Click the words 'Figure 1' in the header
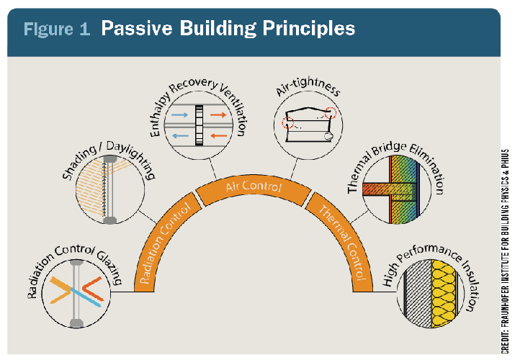coord(56,29)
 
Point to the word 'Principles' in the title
coord(309,29)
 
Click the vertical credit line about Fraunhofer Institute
coord(505,251)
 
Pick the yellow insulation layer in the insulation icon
coord(444,294)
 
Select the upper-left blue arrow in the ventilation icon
coord(179,115)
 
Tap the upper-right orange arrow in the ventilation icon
coord(218,115)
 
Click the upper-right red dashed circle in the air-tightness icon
coord(331,113)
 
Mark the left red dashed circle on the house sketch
coord(287,122)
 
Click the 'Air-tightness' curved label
coord(308,86)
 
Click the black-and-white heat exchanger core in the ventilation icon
coord(199,125)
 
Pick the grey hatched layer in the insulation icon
coord(418,294)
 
